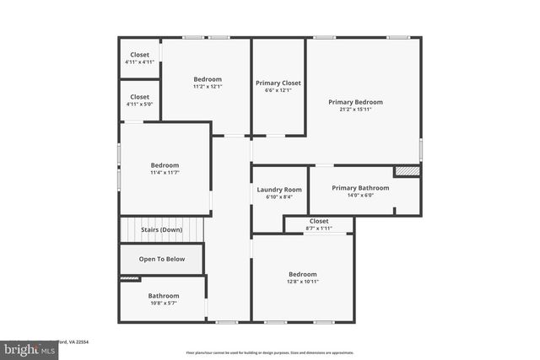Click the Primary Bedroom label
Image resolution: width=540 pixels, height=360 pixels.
click(361, 102)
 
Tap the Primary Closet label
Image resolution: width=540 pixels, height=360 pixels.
click(278, 83)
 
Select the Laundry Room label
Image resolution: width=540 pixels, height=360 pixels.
click(278, 190)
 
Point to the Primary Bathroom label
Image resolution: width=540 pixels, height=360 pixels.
click(360, 188)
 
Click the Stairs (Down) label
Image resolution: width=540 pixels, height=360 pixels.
click(159, 229)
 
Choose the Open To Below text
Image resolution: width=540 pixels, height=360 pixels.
click(162, 259)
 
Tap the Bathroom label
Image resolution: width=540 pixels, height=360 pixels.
click(164, 295)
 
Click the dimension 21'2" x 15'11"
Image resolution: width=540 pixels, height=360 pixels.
click(361, 110)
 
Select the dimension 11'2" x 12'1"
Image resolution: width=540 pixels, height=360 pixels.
click(207, 87)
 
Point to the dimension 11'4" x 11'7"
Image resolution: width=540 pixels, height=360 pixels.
click(165, 172)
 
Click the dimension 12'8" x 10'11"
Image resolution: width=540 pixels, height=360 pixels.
click(302, 282)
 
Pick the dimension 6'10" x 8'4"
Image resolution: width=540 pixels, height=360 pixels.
click(278, 197)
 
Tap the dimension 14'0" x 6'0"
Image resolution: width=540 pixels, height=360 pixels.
click(360, 196)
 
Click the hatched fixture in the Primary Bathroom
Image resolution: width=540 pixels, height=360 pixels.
click(408, 171)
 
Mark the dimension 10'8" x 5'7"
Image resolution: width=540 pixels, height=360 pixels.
click(164, 303)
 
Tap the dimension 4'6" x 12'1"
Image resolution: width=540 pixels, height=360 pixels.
click(278, 90)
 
